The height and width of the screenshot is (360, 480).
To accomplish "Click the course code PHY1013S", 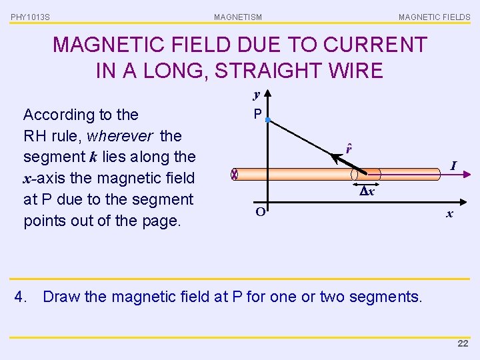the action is [30, 17].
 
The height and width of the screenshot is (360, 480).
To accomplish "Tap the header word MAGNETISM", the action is [238, 17].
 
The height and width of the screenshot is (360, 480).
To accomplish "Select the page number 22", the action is [463, 343].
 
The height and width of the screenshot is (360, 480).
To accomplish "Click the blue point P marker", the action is [267, 120].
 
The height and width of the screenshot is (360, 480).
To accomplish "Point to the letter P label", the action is [257, 115].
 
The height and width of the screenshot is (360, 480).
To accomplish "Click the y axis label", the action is [256, 95].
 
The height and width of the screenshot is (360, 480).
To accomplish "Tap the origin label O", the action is [261, 213].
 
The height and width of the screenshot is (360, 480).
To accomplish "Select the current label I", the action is [453, 165].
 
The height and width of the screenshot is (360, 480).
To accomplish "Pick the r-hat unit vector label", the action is [349, 148].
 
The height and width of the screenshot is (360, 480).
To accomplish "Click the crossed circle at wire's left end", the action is [234, 175].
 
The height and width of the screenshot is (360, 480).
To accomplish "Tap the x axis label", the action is [450, 213].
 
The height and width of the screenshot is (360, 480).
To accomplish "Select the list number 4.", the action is [21, 296].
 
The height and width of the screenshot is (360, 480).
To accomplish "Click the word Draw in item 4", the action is [62, 296].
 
